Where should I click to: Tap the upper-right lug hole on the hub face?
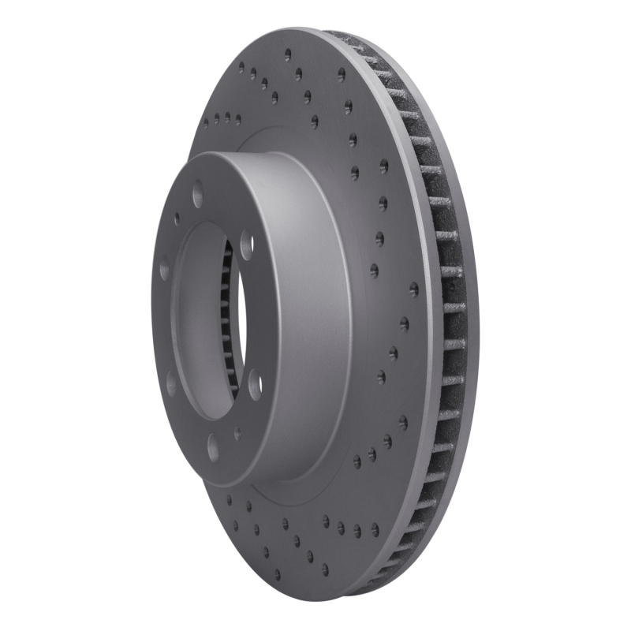click(246, 244)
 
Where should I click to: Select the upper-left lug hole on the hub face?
click(164, 270)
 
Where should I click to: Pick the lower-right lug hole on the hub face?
click(255, 384)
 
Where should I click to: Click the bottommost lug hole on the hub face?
click(213, 447)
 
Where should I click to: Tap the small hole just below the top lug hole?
click(177, 218)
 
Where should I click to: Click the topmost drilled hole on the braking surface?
click(288, 55)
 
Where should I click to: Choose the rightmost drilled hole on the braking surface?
click(414, 290)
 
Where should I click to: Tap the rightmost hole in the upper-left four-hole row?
click(237, 120)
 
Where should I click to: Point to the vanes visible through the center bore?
click(228, 315)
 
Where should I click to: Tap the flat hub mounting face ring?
click(162, 331)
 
